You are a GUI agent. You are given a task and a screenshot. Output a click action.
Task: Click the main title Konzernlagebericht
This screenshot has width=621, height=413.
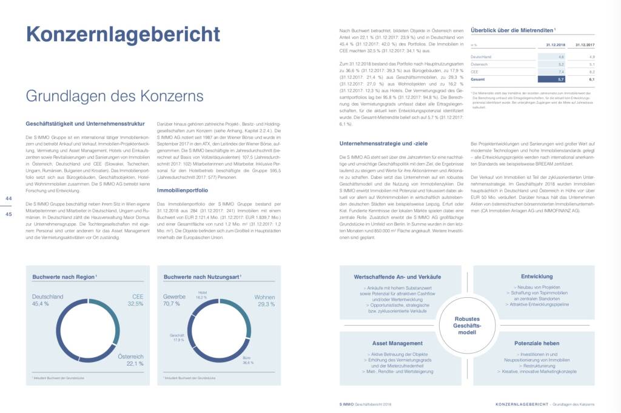click(123, 34)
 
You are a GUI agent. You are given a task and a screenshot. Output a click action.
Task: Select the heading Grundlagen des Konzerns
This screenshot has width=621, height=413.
click(114, 96)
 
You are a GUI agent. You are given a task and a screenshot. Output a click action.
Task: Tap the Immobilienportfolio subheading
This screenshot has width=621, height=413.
click(183, 190)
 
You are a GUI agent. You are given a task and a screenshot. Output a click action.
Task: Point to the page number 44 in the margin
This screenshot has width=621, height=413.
click(8, 199)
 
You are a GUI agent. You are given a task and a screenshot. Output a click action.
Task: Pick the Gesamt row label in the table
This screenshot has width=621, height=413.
click(478, 79)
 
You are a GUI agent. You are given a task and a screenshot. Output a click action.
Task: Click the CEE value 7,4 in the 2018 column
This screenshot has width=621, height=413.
click(561, 71)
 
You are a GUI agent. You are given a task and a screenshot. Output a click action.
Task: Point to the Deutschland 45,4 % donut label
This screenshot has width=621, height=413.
click(48, 300)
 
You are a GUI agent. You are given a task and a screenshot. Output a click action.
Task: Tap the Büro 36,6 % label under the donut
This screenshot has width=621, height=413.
click(247, 360)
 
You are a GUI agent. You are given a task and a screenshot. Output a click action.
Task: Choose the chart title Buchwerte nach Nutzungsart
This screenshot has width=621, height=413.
click(202, 277)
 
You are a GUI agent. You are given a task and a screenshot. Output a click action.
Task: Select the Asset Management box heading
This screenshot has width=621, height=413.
click(397, 343)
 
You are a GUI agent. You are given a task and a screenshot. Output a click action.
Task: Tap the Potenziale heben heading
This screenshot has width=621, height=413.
click(536, 343)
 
